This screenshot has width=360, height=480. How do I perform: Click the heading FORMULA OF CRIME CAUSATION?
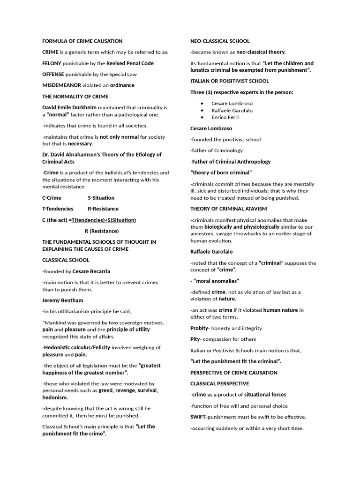click(x=82, y=41)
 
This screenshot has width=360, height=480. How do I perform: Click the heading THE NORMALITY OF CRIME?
click(x=75, y=97)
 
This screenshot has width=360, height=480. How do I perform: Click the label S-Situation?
click(x=101, y=198)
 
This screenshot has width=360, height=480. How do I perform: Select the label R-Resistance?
click(x=103, y=209)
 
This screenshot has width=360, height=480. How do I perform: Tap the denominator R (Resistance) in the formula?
click(x=102, y=231)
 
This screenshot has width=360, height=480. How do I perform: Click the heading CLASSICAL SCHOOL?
click(x=66, y=260)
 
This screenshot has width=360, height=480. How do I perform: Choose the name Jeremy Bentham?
click(x=62, y=300)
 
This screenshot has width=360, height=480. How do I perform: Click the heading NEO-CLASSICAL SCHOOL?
click(x=220, y=41)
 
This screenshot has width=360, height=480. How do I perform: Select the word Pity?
click(x=195, y=339)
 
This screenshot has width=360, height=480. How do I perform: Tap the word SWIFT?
click(x=199, y=417)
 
